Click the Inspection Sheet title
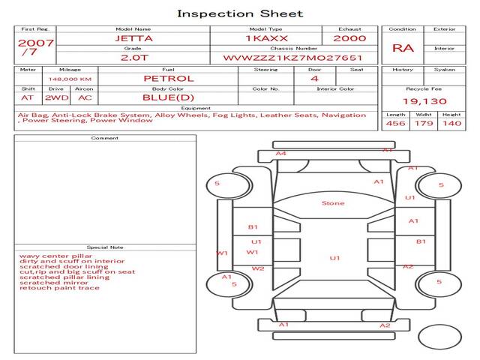pyautogui.click(x=240, y=13)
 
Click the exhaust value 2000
pyautogui.click(x=349, y=38)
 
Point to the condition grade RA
pyautogui.click(x=403, y=48)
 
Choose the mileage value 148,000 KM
pyautogui.click(x=70, y=79)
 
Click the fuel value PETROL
pyautogui.click(x=169, y=78)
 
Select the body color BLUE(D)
pyautogui.click(x=168, y=97)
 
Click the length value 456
pyautogui.click(x=395, y=124)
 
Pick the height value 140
pyautogui.click(x=451, y=124)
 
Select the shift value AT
pyautogui.click(x=27, y=97)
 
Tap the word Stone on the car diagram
pyautogui.click(x=333, y=203)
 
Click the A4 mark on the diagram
pyautogui.click(x=280, y=154)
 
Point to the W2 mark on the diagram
pyautogui.click(x=257, y=268)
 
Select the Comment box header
pyautogui.click(x=104, y=138)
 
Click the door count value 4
pyautogui.click(x=313, y=78)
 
